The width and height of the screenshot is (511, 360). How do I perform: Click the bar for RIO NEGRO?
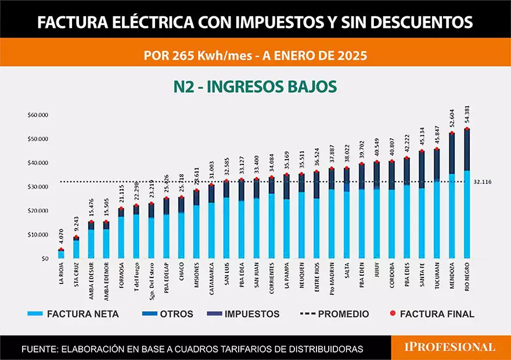tap(467, 195)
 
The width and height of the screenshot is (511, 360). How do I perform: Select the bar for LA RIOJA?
tap(61, 254)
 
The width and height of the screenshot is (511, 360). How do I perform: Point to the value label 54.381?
tap(467, 115)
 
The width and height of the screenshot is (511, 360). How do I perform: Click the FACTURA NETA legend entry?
tap(73, 314)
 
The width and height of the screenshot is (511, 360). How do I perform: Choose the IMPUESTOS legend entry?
tap(243, 314)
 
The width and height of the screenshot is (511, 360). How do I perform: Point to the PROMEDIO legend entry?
tap(334, 314)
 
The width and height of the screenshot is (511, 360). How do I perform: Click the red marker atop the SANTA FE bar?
tap(422, 152)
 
